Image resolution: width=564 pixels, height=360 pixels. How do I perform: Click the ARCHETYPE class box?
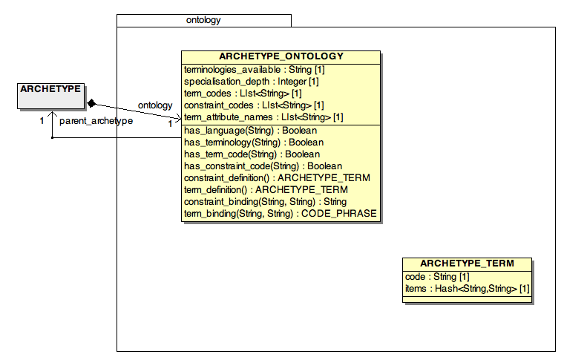tap(50, 96)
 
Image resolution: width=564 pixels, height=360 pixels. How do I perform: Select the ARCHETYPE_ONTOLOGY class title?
tap(281, 56)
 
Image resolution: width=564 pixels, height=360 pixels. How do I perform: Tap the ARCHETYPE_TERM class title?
tap(467, 264)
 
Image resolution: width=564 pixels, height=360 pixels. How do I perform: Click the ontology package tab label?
tap(203, 20)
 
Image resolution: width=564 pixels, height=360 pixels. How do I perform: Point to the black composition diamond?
tap(92, 104)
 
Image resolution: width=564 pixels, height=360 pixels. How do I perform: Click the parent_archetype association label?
tap(96, 121)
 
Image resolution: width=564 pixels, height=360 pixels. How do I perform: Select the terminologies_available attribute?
tap(255, 70)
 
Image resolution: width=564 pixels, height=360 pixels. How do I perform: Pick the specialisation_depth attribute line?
tap(251, 82)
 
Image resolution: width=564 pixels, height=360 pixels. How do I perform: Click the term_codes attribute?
tap(243, 94)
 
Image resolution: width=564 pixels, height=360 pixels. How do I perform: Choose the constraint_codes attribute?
tap(254, 105)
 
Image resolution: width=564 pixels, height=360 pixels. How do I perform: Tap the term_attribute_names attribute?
tap(263, 117)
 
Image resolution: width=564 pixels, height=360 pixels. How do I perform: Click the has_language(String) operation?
tap(250, 131)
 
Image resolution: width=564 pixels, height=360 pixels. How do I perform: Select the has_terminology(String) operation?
tap(254, 143)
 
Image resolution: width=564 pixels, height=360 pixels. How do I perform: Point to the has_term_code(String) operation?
tap(252, 154)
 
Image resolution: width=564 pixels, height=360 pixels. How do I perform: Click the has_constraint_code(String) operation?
tap(263, 166)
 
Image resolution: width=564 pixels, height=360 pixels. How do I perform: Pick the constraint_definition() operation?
tap(277, 178)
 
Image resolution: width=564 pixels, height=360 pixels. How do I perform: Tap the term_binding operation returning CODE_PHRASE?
tap(281, 214)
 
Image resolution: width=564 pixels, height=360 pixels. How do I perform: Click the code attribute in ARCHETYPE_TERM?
tap(437, 277)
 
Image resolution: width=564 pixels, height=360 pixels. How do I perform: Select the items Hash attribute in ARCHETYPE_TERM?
tap(468, 289)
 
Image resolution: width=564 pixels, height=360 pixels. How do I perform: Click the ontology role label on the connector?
tap(155, 105)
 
